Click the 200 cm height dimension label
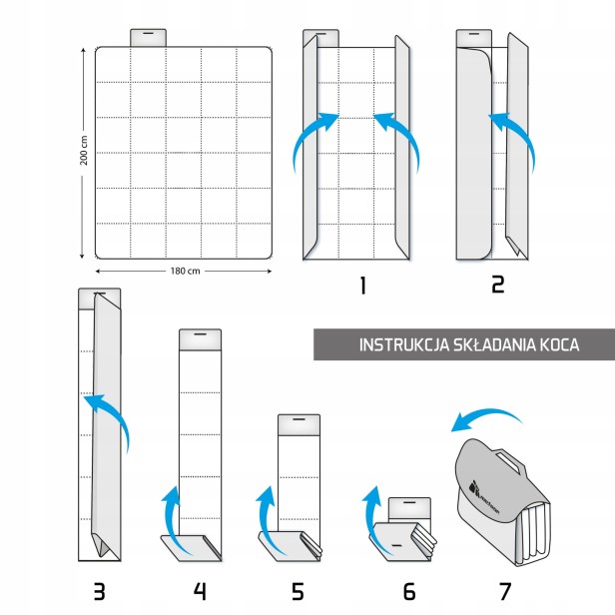click(85, 155)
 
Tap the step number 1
click(362, 286)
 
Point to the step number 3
click(99, 591)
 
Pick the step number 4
click(200, 591)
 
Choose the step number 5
click(298, 591)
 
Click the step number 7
click(505, 591)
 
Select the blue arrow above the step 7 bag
click(484, 419)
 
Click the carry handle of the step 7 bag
click(515, 462)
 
